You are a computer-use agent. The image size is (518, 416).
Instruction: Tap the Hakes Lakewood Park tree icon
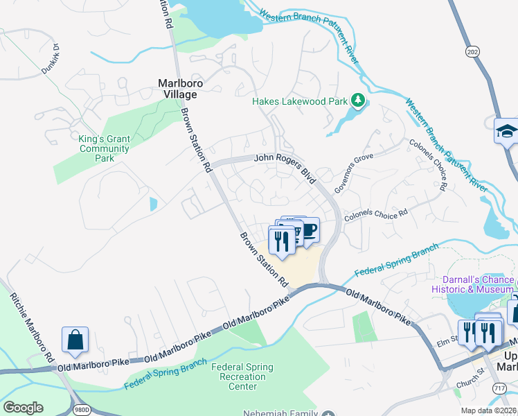pyautogui.click(x=358, y=101)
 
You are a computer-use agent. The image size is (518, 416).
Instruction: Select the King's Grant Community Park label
pyautogui.click(x=104, y=148)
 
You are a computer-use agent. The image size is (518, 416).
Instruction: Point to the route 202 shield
pyautogui.click(x=473, y=52)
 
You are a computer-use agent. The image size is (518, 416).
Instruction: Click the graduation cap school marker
pyautogui.click(x=507, y=130)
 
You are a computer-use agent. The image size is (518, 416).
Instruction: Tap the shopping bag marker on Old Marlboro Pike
pyautogui.click(x=75, y=339)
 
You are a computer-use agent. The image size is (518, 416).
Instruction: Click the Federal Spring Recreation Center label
pyautogui.click(x=242, y=376)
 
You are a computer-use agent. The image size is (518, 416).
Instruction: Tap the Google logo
pyautogui.click(x=23, y=408)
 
